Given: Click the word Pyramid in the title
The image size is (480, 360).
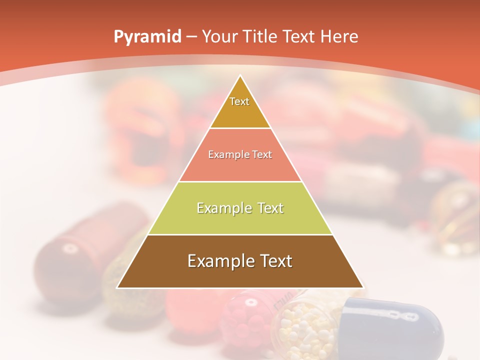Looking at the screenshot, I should (x=147, y=37).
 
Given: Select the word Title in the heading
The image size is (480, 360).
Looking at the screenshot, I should (x=262, y=36).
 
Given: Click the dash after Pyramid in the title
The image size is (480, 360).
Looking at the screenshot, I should (x=191, y=37).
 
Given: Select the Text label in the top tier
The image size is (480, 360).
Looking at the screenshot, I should (x=239, y=101).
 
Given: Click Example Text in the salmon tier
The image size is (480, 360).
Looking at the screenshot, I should (x=240, y=154).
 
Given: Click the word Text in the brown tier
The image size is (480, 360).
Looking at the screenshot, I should (x=273, y=261).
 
